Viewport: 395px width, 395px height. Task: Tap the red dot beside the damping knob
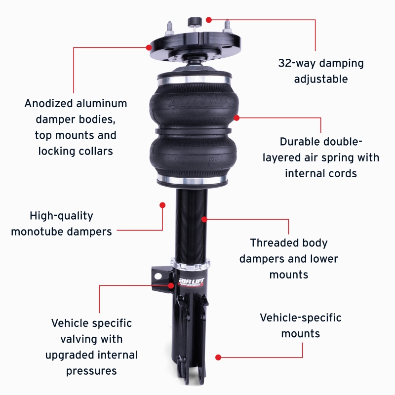(209, 20)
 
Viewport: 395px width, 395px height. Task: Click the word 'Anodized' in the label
(49, 104)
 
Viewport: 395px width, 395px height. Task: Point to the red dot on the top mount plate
(149, 47)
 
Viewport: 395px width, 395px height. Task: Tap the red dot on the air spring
(237, 118)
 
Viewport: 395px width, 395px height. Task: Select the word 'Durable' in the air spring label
(298, 142)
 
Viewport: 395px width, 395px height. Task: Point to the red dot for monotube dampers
(162, 204)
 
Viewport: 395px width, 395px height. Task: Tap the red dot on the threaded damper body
(203, 218)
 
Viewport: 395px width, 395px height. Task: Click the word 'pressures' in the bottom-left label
(91, 371)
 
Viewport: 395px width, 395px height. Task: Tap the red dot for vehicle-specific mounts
(218, 356)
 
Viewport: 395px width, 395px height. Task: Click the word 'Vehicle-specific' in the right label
(301, 317)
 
